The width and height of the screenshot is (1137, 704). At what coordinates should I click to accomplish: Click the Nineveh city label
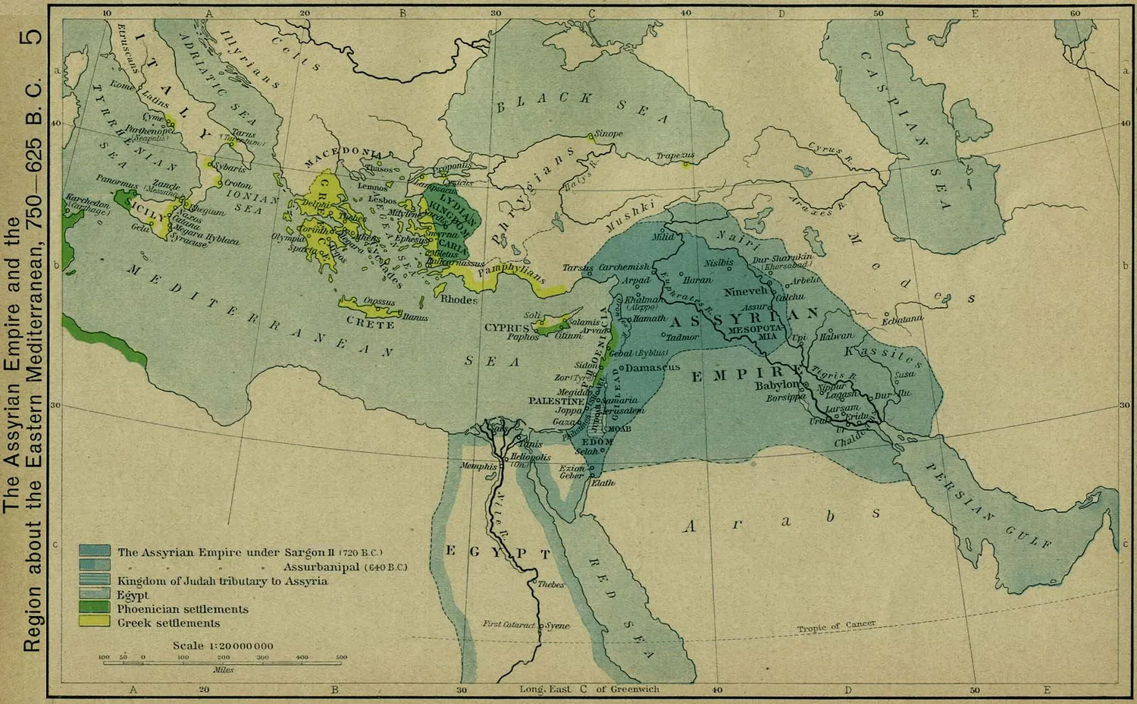[746, 291]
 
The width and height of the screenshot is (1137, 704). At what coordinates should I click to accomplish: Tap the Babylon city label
[777, 385]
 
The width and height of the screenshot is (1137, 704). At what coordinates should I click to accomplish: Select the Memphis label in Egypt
[478, 467]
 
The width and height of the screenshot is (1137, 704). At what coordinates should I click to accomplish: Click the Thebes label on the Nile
[551, 585]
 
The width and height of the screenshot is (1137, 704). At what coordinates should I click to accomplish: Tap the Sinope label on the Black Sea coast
[608, 134]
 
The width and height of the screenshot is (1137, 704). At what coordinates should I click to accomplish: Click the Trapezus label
[675, 156]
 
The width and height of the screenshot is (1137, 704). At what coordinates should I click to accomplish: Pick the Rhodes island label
[459, 300]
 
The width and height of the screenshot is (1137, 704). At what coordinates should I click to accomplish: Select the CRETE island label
[370, 324]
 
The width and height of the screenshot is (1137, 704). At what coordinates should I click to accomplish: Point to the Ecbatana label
[902, 320]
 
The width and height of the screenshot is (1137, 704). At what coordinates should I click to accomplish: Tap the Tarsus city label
[577, 269]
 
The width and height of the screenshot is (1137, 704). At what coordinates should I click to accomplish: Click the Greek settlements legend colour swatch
[96, 622]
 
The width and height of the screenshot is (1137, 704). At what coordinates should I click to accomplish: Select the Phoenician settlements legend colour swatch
[96, 608]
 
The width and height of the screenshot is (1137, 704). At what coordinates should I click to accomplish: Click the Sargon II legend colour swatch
[96, 552]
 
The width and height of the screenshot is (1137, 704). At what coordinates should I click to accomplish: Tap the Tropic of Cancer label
[836, 627]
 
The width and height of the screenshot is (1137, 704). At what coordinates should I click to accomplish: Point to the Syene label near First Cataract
[558, 626]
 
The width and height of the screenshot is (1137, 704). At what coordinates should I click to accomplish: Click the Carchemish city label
[624, 268]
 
